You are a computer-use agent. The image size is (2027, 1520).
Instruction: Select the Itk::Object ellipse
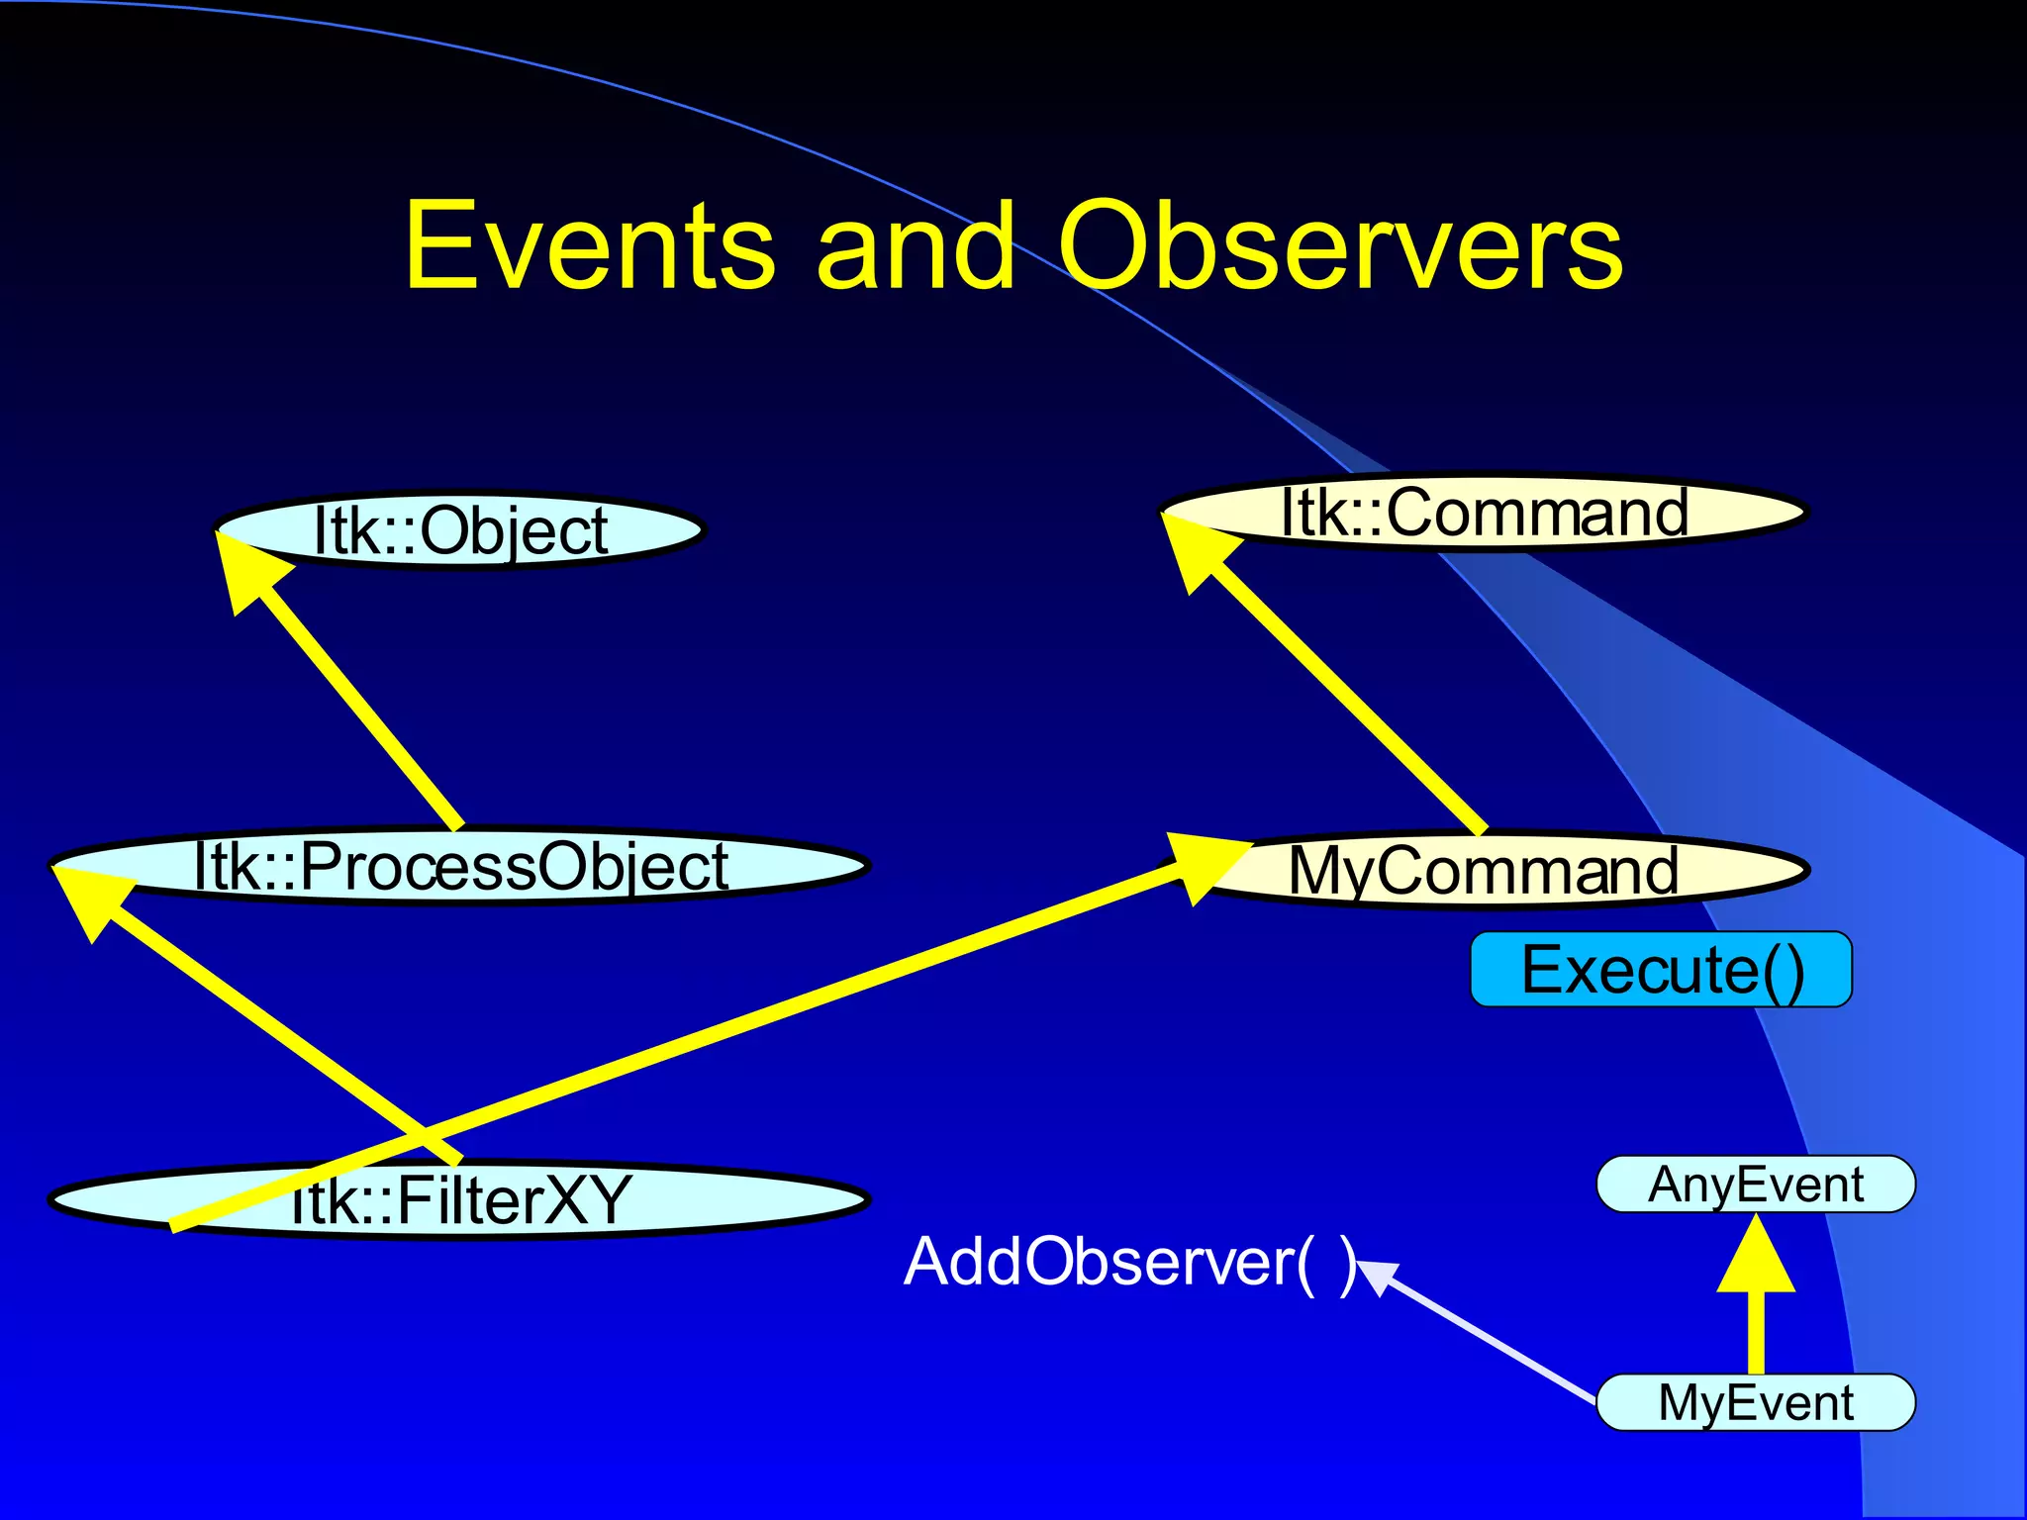coord(459,530)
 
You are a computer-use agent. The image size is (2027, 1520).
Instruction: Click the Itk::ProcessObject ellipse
coord(459,866)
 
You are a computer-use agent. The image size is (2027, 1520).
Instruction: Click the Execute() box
coord(1661,970)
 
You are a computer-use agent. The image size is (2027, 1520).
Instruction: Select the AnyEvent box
coord(1756,1184)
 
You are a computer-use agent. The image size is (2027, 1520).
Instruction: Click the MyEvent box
coord(1756,1402)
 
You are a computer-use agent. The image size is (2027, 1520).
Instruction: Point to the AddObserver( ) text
coord(1128,1262)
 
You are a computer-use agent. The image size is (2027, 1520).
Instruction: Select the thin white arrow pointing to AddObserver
coord(1485,1336)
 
